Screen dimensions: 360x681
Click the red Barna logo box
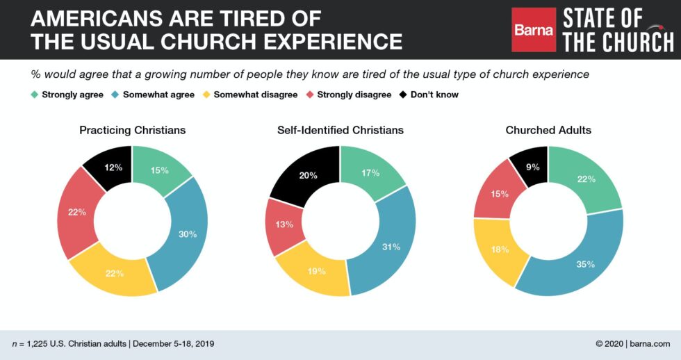[534, 30]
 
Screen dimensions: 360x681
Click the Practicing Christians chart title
[132, 130]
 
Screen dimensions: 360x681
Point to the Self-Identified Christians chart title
[340, 130]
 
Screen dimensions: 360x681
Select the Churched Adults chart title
[548, 130]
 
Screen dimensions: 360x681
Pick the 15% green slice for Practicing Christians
[159, 170]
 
